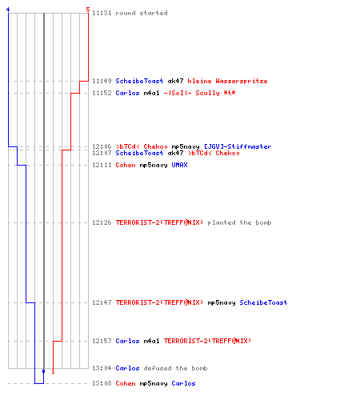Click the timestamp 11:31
tap(102, 13)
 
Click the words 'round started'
tap(142, 13)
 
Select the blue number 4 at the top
tap(8, 10)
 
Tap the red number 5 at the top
tap(88, 10)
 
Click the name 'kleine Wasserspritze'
tap(227, 81)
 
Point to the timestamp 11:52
tap(102, 93)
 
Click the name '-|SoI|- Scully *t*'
tap(199, 93)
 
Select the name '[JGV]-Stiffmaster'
tap(238, 146)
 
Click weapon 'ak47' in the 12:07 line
tap(175, 153)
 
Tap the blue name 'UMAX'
tap(179, 165)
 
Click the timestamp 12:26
tap(102, 222)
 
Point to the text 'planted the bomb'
tap(239, 222)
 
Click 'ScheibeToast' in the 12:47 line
tap(263, 302)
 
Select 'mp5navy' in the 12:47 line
tap(222, 303)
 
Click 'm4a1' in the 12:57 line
tap(151, 341)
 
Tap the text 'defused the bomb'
tap(175, 368)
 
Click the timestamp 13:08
tap(102, 383)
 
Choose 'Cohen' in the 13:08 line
tap(126, 383)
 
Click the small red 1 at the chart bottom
tap(53, 371)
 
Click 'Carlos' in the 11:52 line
tap(127, 93)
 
